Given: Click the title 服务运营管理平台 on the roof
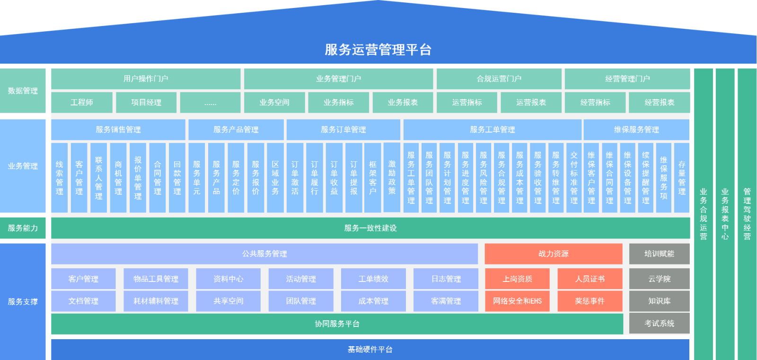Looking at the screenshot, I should [x=378, y=49].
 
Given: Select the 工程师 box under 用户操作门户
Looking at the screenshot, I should [x=82, y=102].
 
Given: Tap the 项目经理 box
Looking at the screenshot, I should [x=146, y=102].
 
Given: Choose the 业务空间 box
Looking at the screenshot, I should [x=274, y=102].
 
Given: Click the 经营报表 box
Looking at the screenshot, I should [x=660, y=102].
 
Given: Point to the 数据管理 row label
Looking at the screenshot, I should [x=23, y=90].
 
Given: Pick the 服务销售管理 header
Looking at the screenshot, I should [x=118, y=130].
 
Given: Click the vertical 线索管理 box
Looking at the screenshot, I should [x=59, y=178].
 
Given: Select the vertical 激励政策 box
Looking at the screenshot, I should [x=392, y=177].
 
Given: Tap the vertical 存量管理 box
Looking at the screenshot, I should [x=682, y=178].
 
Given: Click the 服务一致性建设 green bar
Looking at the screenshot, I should [x=370, y=228].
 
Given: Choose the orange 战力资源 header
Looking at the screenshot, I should [x=554, y=254].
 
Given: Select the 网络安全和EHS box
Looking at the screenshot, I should [x=517, y=301].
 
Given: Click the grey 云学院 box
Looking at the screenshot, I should [x=660, y=279].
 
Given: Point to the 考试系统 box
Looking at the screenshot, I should [x=660, y=323].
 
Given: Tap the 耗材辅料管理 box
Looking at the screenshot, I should [x=156, y=301].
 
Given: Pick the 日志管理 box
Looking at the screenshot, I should [x=446, y=279].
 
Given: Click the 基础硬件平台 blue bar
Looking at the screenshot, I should [x=370, y=349].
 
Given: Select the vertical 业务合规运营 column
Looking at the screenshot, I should [x=704, y=214].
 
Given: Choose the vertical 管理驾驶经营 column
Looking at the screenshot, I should [x=747, y=214].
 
